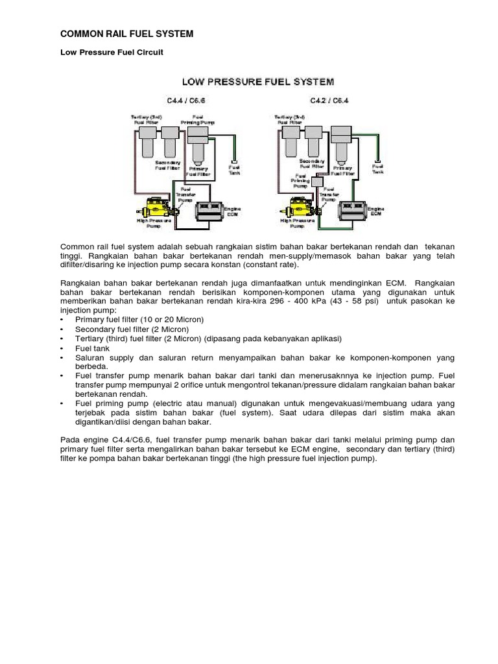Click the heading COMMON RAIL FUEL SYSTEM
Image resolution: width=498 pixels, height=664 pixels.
pos(126,34)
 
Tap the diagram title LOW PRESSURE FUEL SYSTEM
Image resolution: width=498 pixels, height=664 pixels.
pos(257,82)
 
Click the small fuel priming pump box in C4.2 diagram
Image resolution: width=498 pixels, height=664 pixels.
pos(318,183)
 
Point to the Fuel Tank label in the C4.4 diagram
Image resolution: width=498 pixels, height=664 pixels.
pos(234,169)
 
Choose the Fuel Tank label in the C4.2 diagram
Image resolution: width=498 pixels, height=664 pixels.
pos(377,169)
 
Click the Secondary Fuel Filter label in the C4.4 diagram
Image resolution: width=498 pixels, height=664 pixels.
pos(167,165)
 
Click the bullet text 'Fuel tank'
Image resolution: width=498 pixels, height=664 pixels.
pos(93,348)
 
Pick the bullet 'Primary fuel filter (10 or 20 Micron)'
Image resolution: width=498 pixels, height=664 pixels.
pos(140,320)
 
